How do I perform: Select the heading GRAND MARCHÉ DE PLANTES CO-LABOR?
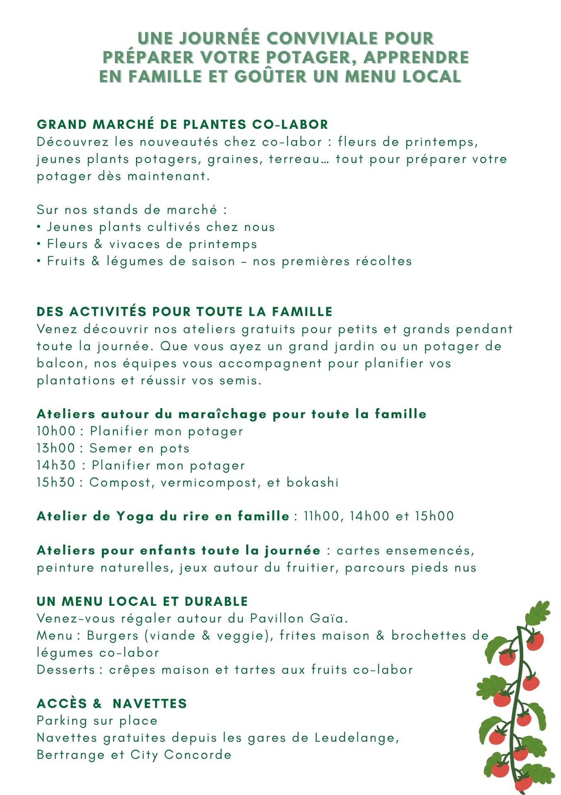point(182,124)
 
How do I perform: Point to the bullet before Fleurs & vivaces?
point(39,244)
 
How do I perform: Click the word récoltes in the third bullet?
point(387,261)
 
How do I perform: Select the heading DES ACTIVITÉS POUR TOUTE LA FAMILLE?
point(184,311)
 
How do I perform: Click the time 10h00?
point(56,431)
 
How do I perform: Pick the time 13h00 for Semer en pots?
point(56,448)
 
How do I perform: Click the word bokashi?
point(312,482)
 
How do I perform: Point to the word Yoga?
point(135,516)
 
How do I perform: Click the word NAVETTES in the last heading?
point(150,703)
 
